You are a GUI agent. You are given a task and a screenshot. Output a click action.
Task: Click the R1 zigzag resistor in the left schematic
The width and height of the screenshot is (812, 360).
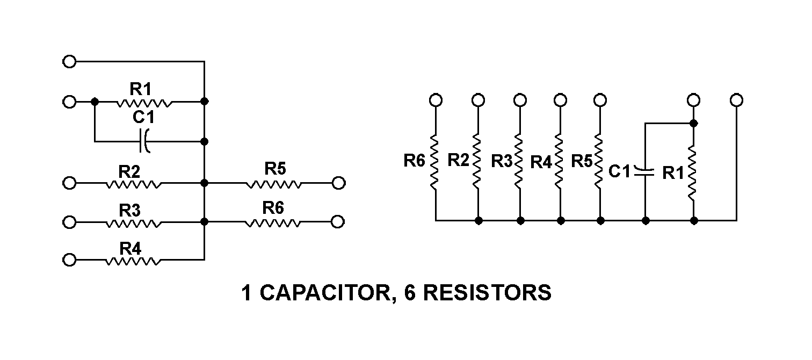(144, 102)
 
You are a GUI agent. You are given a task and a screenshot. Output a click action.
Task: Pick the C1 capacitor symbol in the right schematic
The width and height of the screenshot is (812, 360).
(644, 172)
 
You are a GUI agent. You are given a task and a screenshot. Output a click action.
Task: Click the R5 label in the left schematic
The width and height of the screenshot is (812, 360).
(275, 169)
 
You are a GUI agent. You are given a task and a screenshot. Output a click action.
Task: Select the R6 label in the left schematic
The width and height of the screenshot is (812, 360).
(273, 207)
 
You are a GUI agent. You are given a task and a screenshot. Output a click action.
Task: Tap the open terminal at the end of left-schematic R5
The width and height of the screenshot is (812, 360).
(338, 183)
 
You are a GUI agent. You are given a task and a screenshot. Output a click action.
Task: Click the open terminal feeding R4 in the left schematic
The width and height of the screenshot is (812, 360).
(69, 261)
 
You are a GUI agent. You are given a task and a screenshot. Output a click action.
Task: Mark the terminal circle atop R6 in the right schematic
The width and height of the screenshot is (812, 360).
(436, 100)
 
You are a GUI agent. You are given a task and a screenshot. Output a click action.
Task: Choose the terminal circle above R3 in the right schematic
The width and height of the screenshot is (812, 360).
(519, 100)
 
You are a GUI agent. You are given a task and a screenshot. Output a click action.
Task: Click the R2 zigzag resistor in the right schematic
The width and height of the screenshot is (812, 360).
(477, 161)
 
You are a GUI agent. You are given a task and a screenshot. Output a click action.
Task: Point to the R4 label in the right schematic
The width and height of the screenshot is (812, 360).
(541, 161)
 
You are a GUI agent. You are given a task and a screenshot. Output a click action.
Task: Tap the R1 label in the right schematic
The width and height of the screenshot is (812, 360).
(673, 172)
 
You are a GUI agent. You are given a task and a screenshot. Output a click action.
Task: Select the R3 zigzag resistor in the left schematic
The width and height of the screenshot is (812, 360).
(133, 222)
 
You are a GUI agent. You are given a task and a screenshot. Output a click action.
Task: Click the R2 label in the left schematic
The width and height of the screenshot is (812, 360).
(129, 171)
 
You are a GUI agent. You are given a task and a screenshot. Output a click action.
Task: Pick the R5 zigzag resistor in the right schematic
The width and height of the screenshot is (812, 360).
(600, 161)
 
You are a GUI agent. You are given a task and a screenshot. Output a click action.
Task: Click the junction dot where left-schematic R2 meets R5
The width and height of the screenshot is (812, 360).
(205, 183)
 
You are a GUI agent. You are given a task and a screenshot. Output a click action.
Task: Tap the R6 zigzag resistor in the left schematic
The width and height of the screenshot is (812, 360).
(273, 222)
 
